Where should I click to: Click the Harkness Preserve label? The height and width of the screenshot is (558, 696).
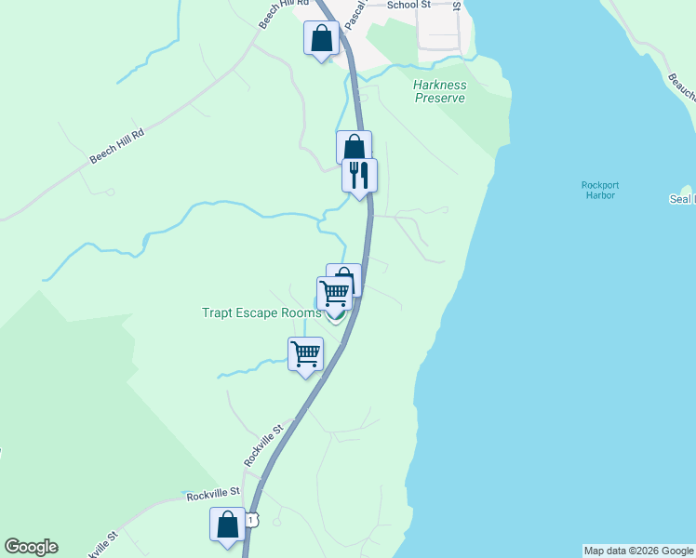pyautogui.click(x=439, y=91)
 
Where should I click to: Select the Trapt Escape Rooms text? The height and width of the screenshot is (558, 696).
pyautogui.click(x=261, y=312)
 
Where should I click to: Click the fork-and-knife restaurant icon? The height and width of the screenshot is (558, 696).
pyautogui.click(x=359, y=174)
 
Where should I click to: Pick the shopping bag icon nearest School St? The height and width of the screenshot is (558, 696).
pyautogui.click(x=321, y=38)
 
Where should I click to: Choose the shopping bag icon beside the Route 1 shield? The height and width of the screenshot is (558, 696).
pyautogui.click(x=227, y=524)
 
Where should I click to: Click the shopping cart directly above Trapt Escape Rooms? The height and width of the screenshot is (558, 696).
pyautogui.click(x=334, y=292)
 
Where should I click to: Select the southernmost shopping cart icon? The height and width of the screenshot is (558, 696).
pyautogui.click(x=305, y=352)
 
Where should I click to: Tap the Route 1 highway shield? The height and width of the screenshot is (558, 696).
pyautogui.click(x=252, y=516)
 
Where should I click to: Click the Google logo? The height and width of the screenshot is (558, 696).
pyautogui.click(x=31, y=547)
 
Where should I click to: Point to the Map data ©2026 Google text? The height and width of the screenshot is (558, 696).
pyautogui.click(x=638, y=551)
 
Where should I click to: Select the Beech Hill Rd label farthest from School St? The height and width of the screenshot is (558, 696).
pyautogui.click(x=117, y=147)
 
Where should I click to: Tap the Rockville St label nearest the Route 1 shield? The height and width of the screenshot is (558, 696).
pyautogui.click(x=213, y=494)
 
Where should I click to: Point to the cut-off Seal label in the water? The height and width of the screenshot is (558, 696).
pyautogui.click(x=682, y=199)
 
